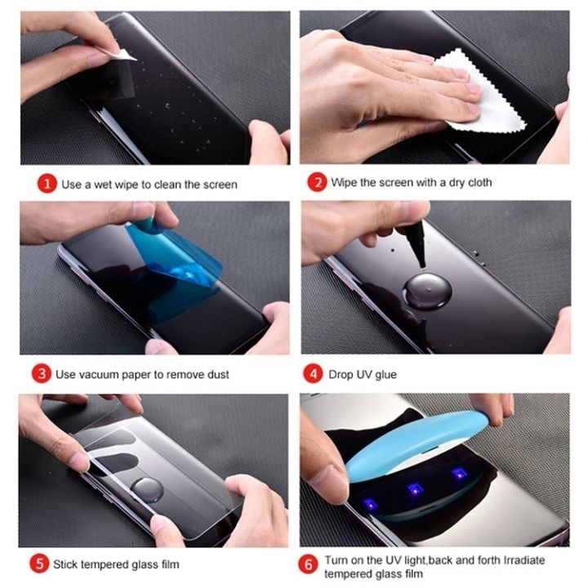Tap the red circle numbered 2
pos(315,182)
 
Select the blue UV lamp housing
pos(408,457)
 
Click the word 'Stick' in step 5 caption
pos(66,564)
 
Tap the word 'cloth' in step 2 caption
pos(478,182)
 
